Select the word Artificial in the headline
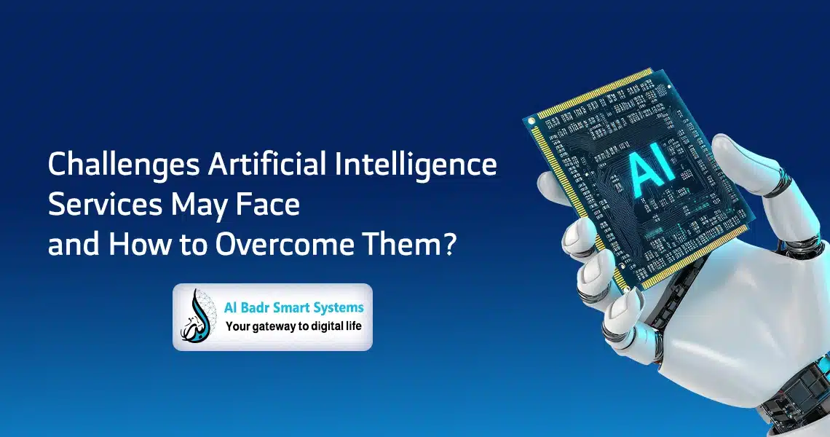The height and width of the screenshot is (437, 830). (x=266, y=164)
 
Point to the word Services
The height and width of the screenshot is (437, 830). (x=105, y=205)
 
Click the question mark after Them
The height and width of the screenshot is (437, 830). (x=449, y=245)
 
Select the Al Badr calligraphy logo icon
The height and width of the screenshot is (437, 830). (x=197, y=316)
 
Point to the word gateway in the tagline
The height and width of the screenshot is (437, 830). (x=272, y=327)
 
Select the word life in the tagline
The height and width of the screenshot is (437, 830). (x=354, y=326)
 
